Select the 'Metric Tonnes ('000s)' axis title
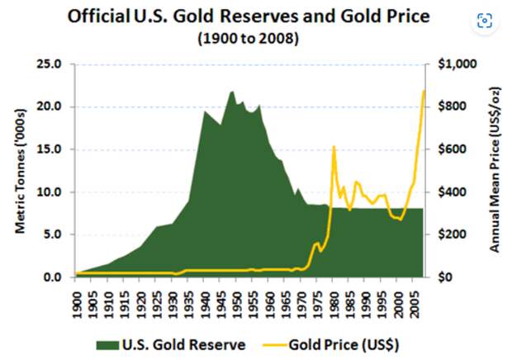(x=21, y=171)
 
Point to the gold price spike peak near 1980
(x=334, y=146)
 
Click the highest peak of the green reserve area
(x=232, y=91)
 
